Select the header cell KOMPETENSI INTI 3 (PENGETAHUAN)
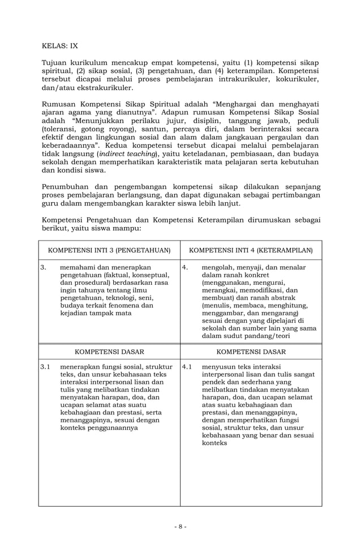click(x=109, y=250)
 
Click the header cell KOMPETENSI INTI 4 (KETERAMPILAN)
click(x=251, y=250)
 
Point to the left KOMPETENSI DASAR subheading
click(x=109, y=352)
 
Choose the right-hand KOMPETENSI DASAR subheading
click(x=251, y=352)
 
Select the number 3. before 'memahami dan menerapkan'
click(x=44, y=267)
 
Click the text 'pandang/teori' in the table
click(x=267, y=335)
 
